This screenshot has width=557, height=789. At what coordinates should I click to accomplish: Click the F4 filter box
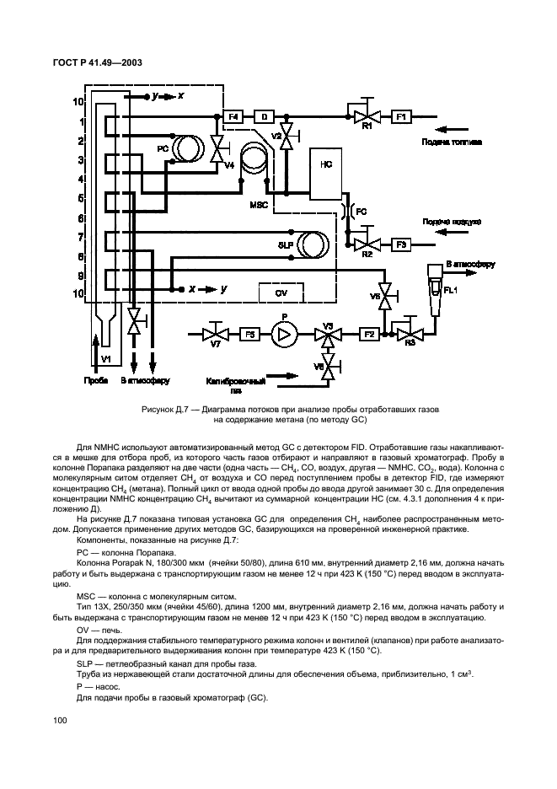234,115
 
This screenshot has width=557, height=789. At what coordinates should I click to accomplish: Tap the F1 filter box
401,115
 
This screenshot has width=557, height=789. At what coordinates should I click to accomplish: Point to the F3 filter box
402,244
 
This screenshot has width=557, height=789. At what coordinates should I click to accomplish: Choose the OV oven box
281,292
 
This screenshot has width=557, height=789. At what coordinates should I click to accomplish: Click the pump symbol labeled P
284,334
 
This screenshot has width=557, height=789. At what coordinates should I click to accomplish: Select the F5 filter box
249,335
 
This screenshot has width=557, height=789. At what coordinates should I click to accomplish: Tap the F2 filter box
368,335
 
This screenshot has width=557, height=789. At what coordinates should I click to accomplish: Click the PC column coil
187,148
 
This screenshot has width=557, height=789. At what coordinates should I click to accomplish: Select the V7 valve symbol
216,335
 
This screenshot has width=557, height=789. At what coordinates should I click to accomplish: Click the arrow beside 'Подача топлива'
450,129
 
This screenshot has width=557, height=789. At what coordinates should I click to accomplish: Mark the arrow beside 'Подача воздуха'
450,232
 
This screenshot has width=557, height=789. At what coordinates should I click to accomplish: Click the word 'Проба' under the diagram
96,381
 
